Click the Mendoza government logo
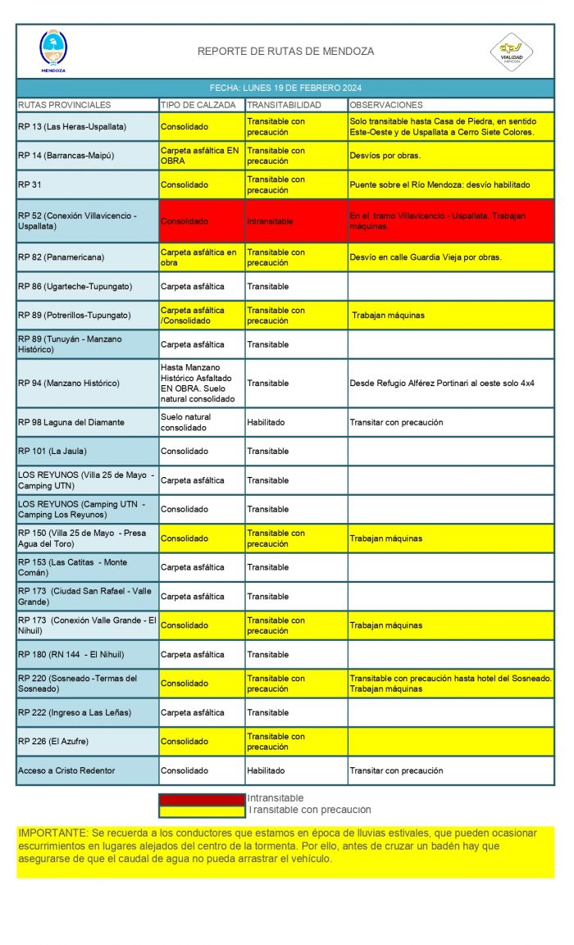tap(53, 51)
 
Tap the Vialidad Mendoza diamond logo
tap(512, 51)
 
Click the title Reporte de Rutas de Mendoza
tap(285, 52)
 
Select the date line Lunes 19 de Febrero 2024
tap(285, 89)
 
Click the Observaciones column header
tap(386, 105)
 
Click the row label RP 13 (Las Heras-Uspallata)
tap(72, 127)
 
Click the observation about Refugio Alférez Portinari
tap(442, 383)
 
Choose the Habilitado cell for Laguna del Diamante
tap(266, 422)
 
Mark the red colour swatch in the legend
tap(202, 798)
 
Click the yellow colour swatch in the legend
tap(202, 811)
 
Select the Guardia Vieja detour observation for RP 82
tap(426, 257)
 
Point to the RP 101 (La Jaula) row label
tap(52, 451)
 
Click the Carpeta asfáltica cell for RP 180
tap(192, 654)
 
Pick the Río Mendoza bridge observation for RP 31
tap(440, 185)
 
